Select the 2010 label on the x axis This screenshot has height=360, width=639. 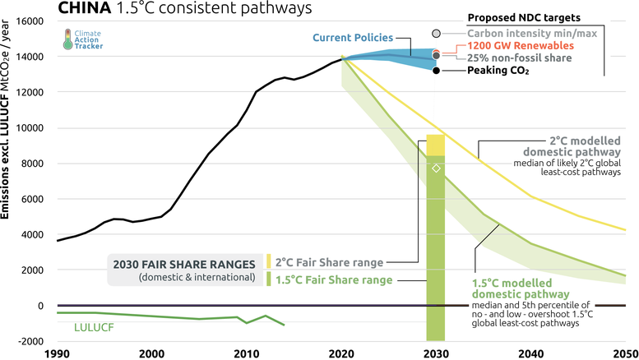tap(244, 353)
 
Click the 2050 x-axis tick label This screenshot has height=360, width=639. tap(625, 353)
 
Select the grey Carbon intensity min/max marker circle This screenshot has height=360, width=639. tap(437, 33)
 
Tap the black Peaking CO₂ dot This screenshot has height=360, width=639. tap(437, 71)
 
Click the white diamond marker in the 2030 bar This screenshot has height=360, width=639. tap(437, 168)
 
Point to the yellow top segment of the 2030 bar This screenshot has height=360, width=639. tap(436, 144)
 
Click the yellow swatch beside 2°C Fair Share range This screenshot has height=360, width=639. tap(268, 262)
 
